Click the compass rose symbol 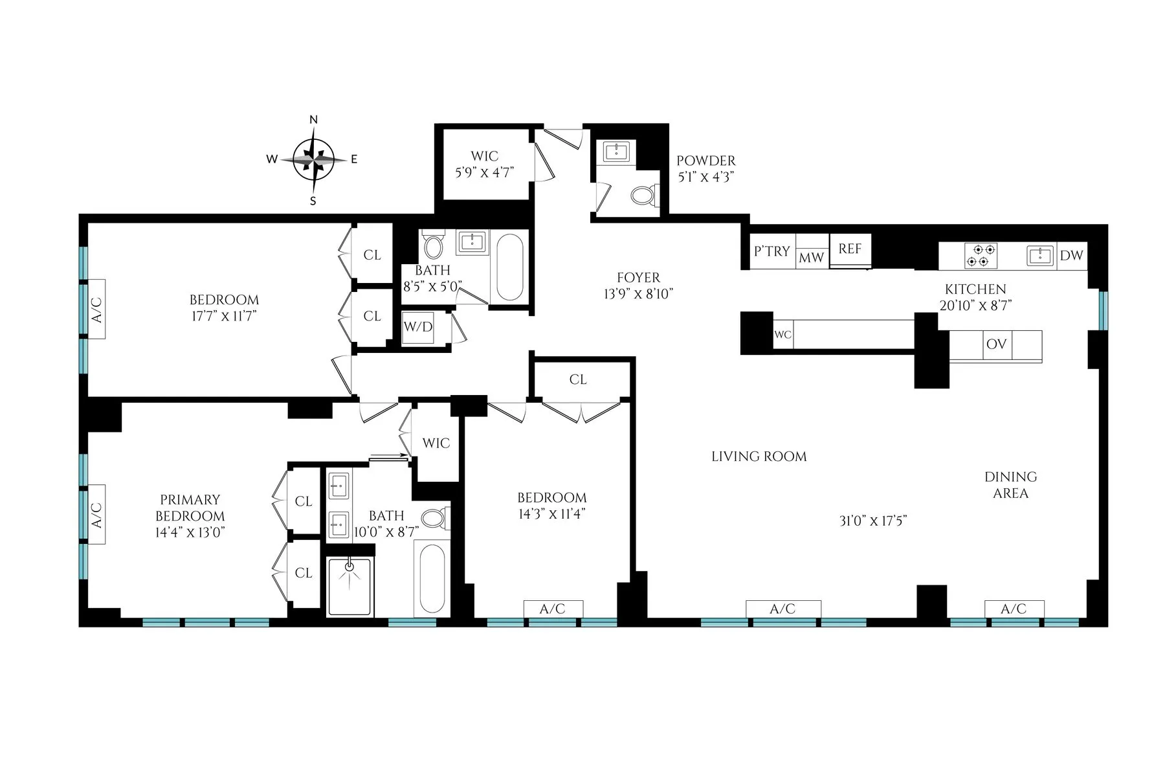point(313,159)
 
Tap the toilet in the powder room point(644,194)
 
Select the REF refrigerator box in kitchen point(850,249)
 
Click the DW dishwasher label point(1071,256)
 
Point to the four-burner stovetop point(981,255)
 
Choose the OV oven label point(996,344)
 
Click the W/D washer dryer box point(417,328)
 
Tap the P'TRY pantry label point(772,251)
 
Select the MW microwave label point(812,258)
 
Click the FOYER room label point(638,278)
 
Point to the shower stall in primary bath point(349,586)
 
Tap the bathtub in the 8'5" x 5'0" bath point(509,267)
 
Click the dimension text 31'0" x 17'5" point(873,521)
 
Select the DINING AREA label point(1010,485)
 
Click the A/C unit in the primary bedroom point(97,515)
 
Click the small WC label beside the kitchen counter point(782,335)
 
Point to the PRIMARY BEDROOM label point(190,508)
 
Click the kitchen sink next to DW point(1040,256)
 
